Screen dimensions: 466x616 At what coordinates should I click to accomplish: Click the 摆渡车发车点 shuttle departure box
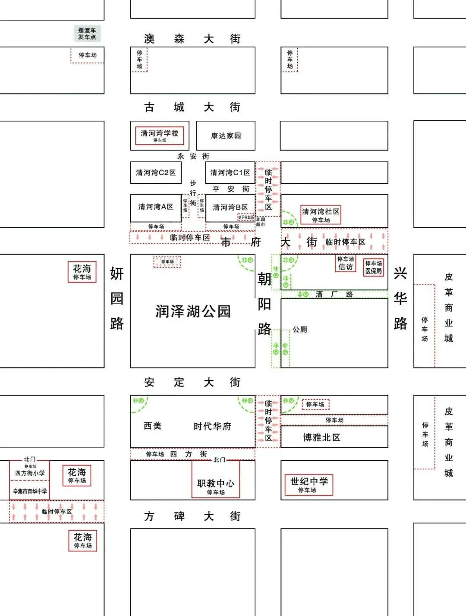(87, 34)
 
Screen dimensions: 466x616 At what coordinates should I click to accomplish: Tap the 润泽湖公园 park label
(193, 311)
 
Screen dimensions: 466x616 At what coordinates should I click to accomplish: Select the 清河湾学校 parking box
(159, 135)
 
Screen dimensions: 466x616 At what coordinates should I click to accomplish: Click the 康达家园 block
(226, 135)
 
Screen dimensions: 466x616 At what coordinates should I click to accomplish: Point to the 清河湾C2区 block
(156, 173)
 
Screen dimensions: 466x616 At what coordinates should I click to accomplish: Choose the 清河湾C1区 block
(230, 173)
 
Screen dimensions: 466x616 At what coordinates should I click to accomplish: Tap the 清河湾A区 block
(156, 207)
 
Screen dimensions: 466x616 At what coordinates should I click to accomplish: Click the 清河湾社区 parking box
(321, 215)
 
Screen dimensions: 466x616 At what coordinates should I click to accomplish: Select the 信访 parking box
(346, 263)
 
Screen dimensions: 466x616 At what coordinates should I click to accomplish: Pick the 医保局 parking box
(373, 267)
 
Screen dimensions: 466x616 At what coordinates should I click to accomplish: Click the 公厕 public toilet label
(300, 330)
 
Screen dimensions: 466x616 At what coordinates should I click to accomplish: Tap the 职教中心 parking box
(215, 486)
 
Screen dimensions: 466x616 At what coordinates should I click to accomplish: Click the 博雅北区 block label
(321, 437)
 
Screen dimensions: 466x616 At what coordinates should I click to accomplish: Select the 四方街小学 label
(30, 473)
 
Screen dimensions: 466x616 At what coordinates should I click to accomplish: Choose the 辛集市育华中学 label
(30, 491)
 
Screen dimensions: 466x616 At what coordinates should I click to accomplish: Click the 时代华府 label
(212, 427)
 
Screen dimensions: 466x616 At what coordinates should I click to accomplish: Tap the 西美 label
(152, 426)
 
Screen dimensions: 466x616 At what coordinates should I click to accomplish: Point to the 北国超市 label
(261, 222)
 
